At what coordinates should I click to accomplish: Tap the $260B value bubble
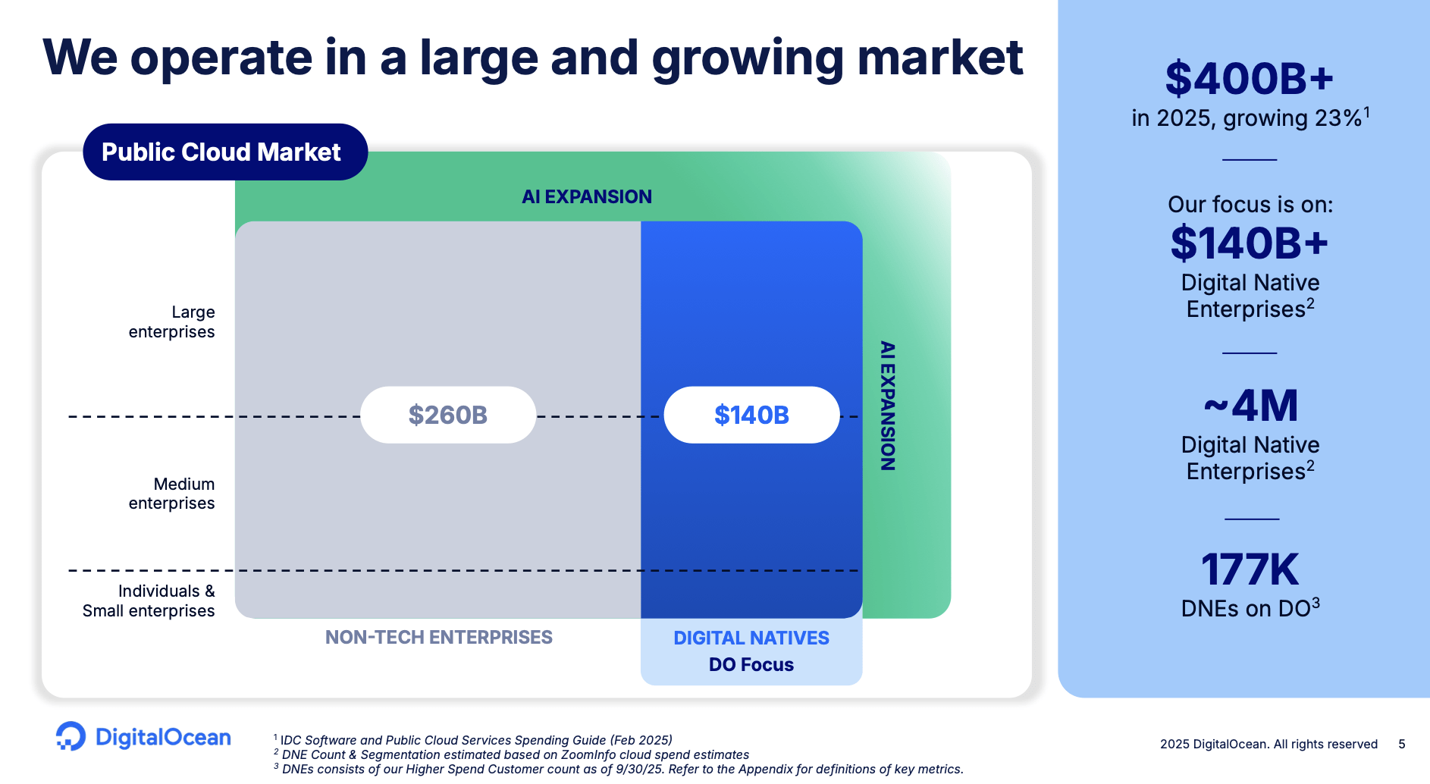(447, 415)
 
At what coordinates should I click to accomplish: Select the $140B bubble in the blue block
(751, 415)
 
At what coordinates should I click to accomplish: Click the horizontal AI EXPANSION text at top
(586, 196)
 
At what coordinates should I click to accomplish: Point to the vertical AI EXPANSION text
(887, 406)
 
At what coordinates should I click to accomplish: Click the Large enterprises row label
(173, 322)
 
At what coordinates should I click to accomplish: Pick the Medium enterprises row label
(173, 494)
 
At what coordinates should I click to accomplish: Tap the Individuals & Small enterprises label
(150, 601)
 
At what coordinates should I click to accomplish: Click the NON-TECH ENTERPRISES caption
(438, 637)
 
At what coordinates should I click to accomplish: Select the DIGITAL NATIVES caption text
(751, 638)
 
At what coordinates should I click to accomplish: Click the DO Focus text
(751, 665)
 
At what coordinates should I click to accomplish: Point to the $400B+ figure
(1249, 79)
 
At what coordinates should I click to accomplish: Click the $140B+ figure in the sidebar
(1249, 243)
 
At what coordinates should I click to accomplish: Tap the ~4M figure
(1250, 406)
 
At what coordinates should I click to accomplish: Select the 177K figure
(1250, 570)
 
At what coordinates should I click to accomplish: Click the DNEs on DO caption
(1250, 608)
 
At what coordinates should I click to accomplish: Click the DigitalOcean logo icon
(71, 736)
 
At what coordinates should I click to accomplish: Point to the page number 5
(1402, 744)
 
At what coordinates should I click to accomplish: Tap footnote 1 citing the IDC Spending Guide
(474, 740)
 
